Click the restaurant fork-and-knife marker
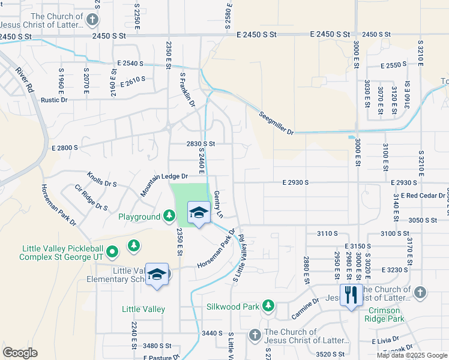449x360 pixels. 351,295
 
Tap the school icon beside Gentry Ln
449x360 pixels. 198,213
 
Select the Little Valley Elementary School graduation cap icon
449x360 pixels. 157,275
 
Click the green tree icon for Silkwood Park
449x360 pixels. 268,307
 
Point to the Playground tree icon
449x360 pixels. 170,216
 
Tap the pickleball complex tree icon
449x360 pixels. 133,245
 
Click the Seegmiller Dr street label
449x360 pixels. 277,123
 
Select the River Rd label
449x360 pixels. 26,77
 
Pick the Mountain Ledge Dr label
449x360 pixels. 164,182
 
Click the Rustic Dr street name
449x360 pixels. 54,100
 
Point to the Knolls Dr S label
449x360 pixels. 101,180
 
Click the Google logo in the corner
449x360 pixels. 20,353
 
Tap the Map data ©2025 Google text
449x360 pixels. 411,355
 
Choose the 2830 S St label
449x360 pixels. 200,144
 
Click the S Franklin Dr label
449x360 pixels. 188,90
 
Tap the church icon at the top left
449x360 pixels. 92,20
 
